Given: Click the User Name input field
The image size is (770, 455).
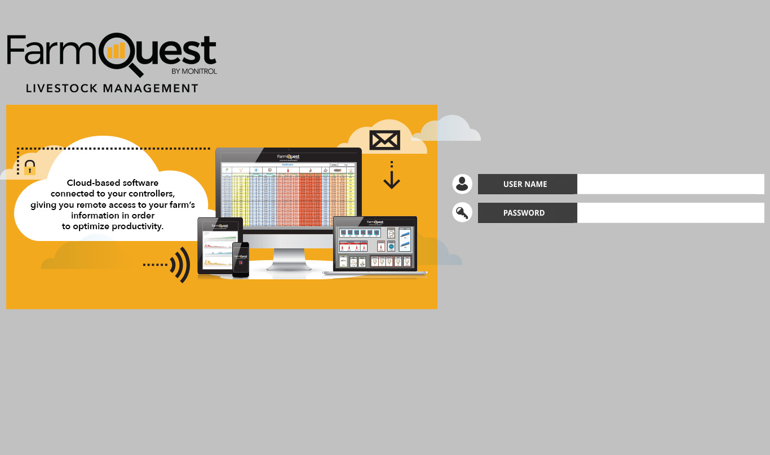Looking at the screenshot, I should coord(670,184).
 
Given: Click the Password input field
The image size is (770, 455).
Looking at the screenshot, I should coord(670,213).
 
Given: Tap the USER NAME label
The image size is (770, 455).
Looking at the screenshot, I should coord(525,184).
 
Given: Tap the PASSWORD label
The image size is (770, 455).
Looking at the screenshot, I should coord(524,213).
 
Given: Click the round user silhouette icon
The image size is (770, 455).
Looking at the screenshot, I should coord(462,184).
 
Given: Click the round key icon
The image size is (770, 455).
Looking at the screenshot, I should coord(462,213).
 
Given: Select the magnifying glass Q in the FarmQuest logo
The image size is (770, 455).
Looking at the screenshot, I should coord(121,53).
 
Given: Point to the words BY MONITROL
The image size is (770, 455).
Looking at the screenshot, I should coord(194,71).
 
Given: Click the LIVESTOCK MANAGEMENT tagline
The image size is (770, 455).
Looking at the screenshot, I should coord(112,88).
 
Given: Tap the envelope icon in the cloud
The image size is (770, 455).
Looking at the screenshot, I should coord(384,140).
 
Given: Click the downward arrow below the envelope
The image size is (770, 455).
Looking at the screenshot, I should coord(391,176).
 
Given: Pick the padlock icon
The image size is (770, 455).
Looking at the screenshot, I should coord(30,168).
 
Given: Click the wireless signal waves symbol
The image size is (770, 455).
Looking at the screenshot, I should coord(180,264).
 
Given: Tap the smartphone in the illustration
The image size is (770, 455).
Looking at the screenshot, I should coord(241,260).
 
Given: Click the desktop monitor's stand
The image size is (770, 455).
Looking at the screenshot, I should coord(288,260).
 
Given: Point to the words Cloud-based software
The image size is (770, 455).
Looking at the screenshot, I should coord(113,183).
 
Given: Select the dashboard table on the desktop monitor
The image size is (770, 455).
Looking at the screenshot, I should coord(289,195).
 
